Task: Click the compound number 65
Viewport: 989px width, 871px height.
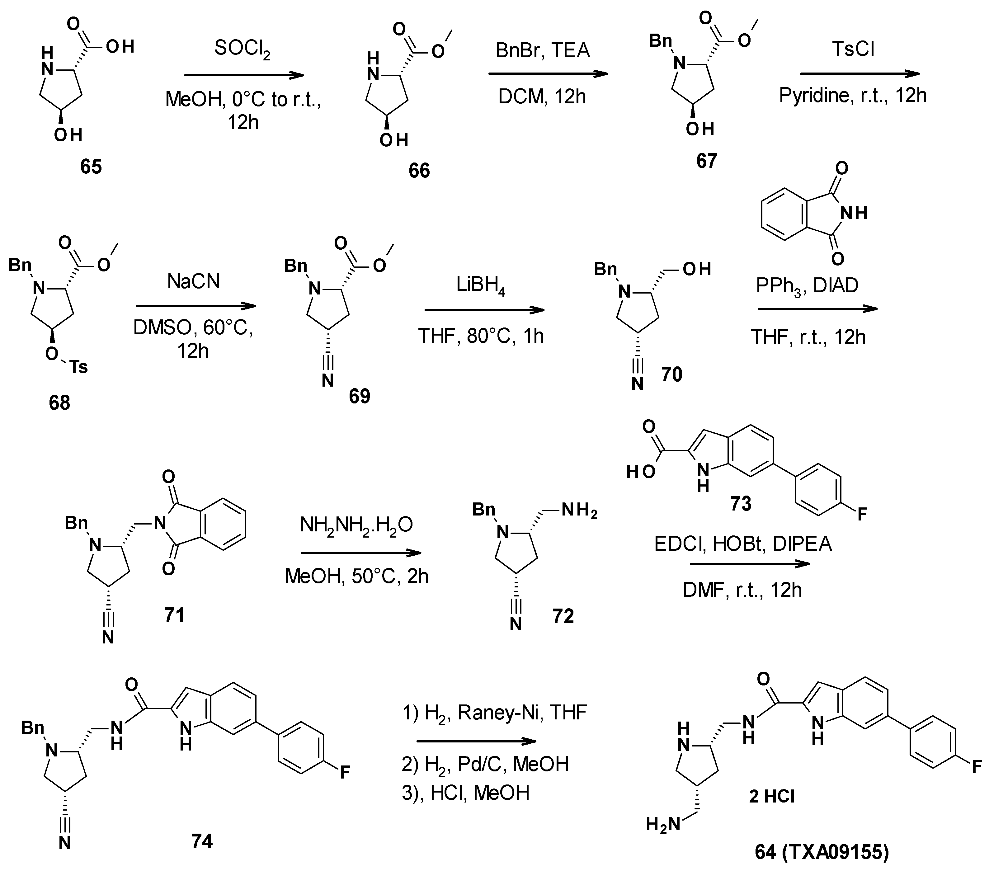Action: pyautogui.click(x=91, y=167)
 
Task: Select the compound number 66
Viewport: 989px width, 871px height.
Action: pyautogui.click(x=419, y=171)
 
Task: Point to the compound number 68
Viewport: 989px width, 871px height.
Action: pyautogui.click(x=59, y=403)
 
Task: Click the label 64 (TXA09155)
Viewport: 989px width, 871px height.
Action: pyautogui.click(x=822, y=852)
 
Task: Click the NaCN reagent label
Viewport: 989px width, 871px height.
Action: pyautogui.click(x=194, y=281)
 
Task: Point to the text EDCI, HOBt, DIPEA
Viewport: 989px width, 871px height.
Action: pyautogui.click(x=743, y=544)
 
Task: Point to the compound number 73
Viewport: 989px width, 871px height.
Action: pyautogui.click(x=740, y=504)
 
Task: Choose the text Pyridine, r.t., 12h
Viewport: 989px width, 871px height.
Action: pyautogui.click(x=853, y=96)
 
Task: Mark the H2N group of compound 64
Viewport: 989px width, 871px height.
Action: pyautogui.click(x=663, y=825)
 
